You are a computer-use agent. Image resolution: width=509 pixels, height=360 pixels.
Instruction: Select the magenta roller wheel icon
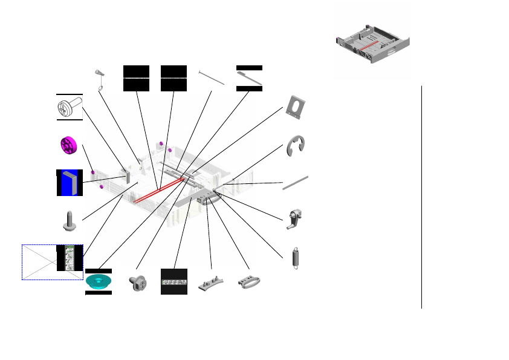click(x=70, y=147)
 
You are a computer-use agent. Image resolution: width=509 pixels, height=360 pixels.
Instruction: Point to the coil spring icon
click(x=296, y=258)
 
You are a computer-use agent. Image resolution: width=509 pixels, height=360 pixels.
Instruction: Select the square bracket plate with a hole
click(x=296, y=106)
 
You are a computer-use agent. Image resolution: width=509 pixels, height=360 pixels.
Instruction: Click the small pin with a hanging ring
click(x=100, y=78)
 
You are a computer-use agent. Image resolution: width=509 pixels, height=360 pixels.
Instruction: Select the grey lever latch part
click(x=294, y=218)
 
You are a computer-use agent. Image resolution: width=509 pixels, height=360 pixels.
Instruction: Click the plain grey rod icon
click(x=296, y=182)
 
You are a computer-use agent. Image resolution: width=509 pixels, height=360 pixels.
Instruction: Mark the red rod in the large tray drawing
click(x=158, y=189)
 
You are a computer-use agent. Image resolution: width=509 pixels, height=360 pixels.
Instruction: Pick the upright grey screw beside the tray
click(x=69, y=221)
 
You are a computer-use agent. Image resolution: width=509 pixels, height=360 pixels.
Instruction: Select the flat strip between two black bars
click(x=249, y=78)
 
